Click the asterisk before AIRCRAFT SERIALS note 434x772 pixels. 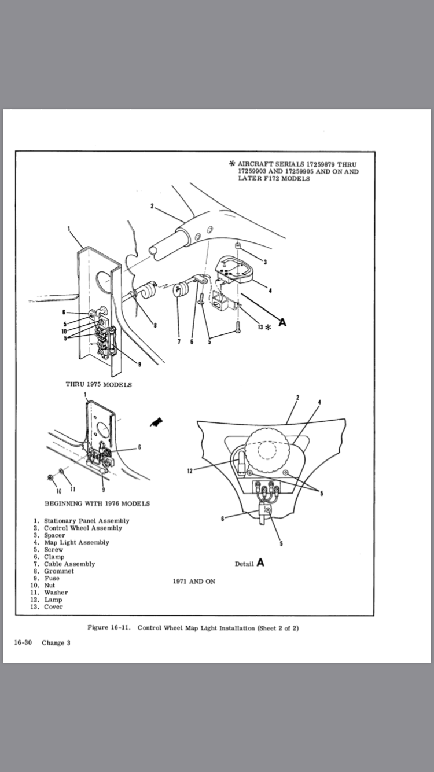click(x=232, y=164)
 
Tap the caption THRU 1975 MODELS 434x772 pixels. click(x=99, y=384)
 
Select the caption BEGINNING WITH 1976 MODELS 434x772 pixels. click(x=97, y=503)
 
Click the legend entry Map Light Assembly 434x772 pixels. click(x=76, y=542)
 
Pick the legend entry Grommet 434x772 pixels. click(x=59, y=571)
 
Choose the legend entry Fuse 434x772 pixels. click(x=52, y=578)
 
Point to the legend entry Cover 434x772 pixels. click(x=53, y=606)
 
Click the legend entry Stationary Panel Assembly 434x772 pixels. click(x=86, y=521)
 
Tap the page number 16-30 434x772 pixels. click(x=23, y=643)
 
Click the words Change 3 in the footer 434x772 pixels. click(x=56, y=643)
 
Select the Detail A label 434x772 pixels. click(x=249, y=563)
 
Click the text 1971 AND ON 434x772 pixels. click(x=194, y=581)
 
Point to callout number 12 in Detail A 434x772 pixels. click(x=189, y=470)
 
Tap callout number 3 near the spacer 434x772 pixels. click(x=265, y=262)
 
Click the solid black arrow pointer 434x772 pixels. click(x=156, y=423)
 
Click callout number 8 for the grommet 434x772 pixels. click(x=155, y=325)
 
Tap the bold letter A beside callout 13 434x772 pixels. click(x=282, y=322)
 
